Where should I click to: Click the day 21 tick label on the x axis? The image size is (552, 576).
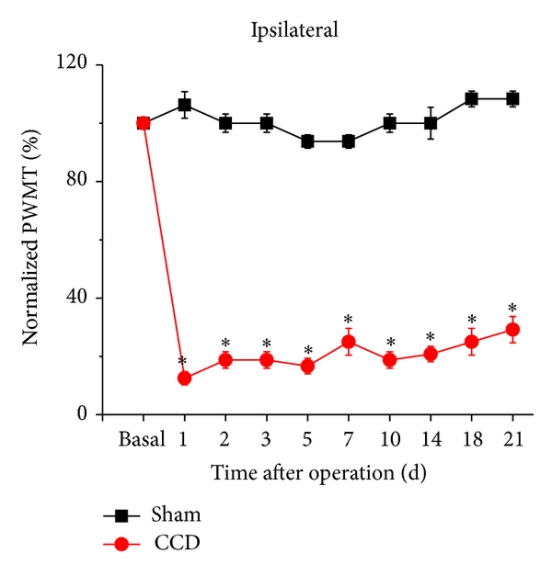click(x=512, y=439)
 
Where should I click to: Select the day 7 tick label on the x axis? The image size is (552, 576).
click(x=349, y=439)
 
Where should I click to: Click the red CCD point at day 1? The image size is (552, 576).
click(x=184, y=378)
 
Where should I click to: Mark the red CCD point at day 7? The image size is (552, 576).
click(x=349, y=342)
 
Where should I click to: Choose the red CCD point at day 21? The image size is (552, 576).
click(x=512, y=329)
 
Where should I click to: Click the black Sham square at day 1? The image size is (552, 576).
click(x=184, y=105)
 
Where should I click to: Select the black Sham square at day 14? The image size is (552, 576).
click(x=431, y=123)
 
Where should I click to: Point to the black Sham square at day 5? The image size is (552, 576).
click(x=307, y=141)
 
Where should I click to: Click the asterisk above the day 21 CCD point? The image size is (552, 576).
click(x=512, y=309)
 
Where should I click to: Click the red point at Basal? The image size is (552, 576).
click(x=144, y=123)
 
